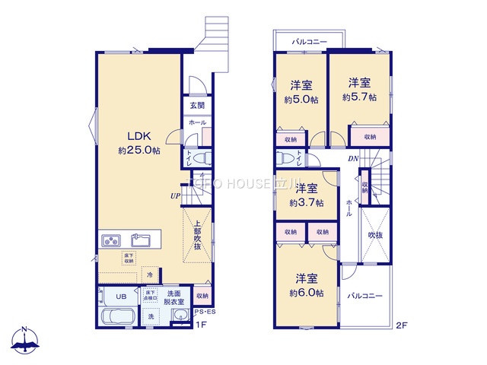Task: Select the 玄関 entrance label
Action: click(197, 105)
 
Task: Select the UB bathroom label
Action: click(121, 296)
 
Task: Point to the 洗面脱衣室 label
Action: click(173, 297)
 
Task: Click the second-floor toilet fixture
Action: click(286, 159)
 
